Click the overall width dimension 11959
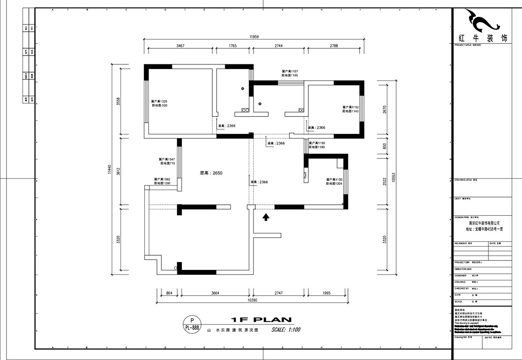tap(254, 37)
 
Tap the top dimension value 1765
tap(232, 46)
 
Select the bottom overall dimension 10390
tap(253, 300)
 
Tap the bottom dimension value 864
tap(169, 293)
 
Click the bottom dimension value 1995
tap(326, 293)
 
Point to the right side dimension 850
tap(384, 147)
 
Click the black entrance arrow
tap(266, 216)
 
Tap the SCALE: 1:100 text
tap(286, 330)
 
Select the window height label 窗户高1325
tap(160, 101)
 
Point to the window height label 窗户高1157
tap(290, 71)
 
